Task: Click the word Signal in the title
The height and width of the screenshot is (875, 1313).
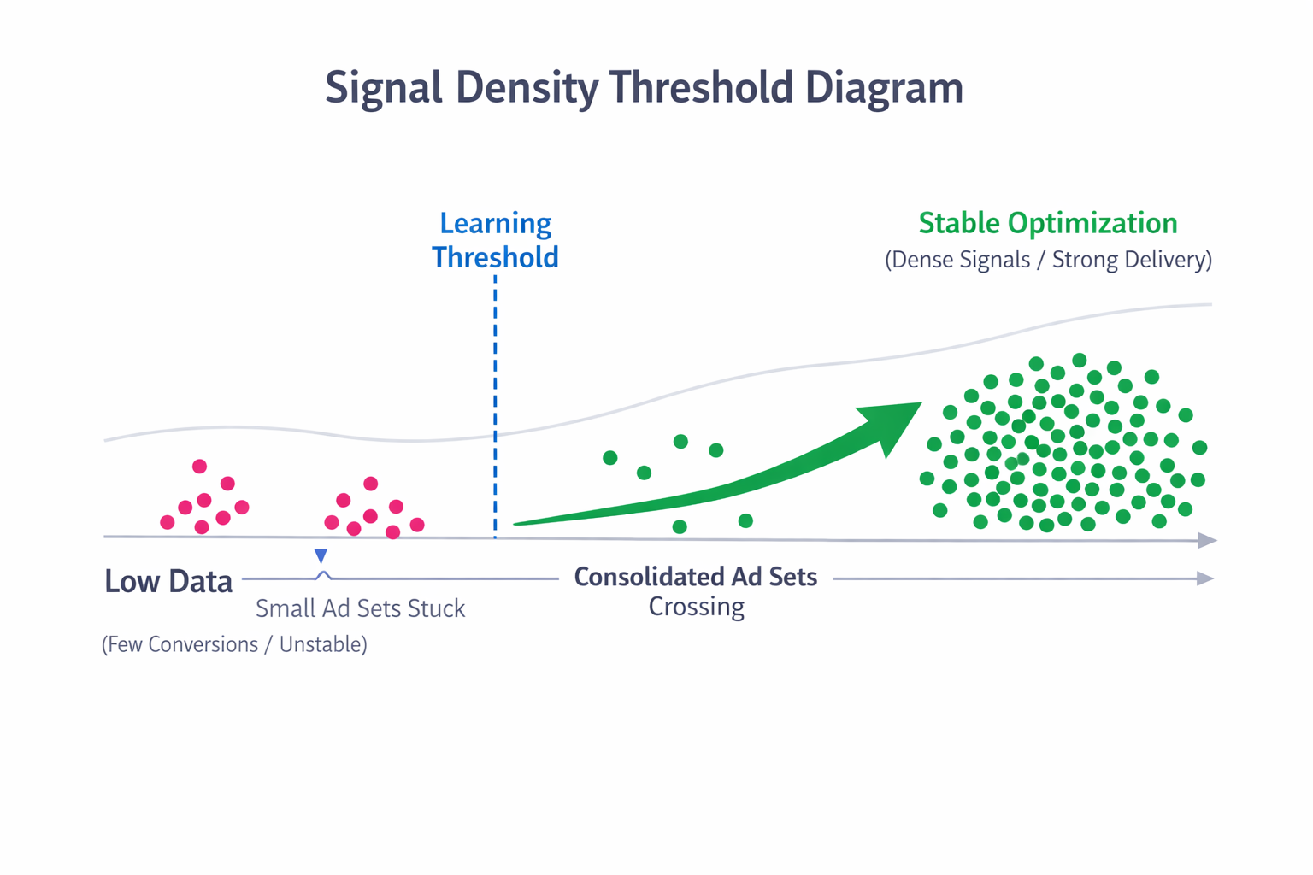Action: tap(383, 87)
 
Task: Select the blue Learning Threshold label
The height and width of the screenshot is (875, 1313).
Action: tap(495, 240)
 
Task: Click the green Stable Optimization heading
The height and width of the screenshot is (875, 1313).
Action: tap(1047, 223)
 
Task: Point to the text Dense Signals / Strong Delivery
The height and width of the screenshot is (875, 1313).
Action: tap(1048, 260)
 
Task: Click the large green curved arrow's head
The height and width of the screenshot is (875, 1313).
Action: tap(893, 423)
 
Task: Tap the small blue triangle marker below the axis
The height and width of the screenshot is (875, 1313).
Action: tap(321, 556)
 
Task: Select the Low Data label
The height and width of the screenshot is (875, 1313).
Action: tap(168, 581)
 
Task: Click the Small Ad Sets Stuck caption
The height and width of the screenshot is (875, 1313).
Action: tap(360, 608)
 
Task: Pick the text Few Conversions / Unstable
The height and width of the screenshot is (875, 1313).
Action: tap(234, 644)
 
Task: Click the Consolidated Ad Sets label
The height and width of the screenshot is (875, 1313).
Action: tap(695, 578)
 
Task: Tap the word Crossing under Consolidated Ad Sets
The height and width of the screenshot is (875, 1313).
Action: tap(696, 607)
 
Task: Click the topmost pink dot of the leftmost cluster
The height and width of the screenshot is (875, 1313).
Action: tap(199, 466)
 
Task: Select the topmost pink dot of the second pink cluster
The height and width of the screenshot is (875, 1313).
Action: tap(370, 484)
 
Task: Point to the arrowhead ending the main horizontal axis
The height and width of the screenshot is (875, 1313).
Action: tap(1207, 540)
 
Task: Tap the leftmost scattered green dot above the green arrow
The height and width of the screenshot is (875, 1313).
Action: tap(609, 458)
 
